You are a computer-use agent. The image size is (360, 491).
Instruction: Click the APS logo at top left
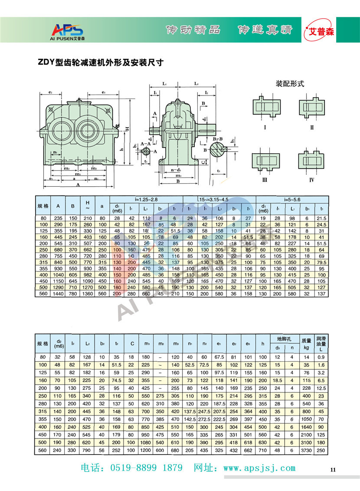tap(68, 30)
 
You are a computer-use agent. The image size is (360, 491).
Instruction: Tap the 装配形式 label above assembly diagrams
tap(290, 84)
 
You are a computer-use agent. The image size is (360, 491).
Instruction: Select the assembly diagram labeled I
tap(265, 106)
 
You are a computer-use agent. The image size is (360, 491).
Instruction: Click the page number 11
tap(333, 469)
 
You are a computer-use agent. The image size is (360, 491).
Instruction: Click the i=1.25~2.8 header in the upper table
tap(147, 199)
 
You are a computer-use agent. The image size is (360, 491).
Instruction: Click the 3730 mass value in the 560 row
tap(306, 451)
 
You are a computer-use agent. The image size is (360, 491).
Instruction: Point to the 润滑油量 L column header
tap(321, 343)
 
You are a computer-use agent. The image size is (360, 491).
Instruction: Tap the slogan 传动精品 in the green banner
tap(193, 30)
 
